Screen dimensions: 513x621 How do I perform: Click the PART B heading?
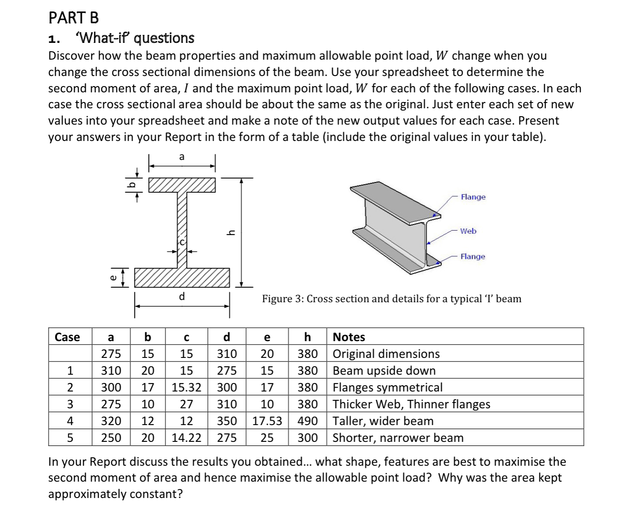[x=74, y=18]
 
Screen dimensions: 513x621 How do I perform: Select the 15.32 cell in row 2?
[x=186, y=388]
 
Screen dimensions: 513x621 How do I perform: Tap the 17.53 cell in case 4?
[x=267, y=421]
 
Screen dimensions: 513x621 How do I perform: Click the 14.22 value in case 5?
[x=186, y=438]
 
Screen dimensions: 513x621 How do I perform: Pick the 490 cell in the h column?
[x=307, y=421]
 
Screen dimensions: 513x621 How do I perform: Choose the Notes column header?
[x=349, y=337]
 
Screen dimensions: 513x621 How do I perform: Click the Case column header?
[x=67, y=337]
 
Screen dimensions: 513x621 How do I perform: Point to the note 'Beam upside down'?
[x=384, y=371]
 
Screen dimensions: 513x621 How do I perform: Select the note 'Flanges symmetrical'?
[x=387, y=388]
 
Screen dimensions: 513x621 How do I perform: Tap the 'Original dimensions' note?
[x=386, y=354]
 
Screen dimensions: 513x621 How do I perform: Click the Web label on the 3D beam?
[x=468, y=231]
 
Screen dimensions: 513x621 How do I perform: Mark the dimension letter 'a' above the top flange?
[x=181, y=157]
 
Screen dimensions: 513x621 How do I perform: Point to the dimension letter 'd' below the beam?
[x=181, y=296]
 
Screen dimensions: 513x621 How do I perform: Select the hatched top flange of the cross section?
[x=182, y=185]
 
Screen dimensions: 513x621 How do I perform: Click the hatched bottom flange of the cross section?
[x=182, y=277]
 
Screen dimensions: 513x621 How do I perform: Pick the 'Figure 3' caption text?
[x=391, y=299]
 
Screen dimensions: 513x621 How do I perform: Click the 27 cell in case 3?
[x=186, y=404]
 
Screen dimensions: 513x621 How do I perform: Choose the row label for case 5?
[x=70, y=438]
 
